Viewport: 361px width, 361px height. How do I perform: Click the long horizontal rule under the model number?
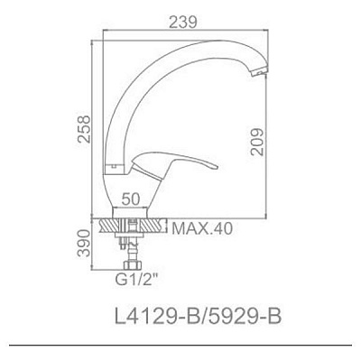click(180, 346)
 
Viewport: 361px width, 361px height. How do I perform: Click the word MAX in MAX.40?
click(188, 229)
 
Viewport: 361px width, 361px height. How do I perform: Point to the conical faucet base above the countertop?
click(135, 194)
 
